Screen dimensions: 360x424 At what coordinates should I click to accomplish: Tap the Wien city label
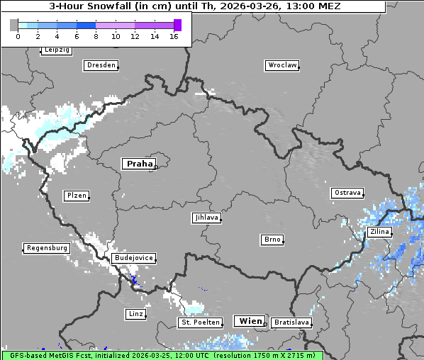point(250,321)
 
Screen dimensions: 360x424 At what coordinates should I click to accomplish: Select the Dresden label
point(101,65)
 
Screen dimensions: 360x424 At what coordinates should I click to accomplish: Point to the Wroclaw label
point(282,65)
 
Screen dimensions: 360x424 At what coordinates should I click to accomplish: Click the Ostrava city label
point(347,193)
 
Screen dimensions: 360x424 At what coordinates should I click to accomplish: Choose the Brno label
point(272,240)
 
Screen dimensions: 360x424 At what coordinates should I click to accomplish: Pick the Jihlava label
point(206,218)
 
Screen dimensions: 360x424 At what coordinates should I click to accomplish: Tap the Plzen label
point(76,196)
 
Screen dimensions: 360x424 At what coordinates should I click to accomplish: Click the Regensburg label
point(47,248)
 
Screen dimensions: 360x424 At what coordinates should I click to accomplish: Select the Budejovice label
point(133,258)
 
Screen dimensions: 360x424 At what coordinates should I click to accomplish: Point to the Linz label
point(135,313)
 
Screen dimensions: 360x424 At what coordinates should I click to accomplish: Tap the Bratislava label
point(291,322)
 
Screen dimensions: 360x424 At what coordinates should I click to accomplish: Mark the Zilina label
point(379,232)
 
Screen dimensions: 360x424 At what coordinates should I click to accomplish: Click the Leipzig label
point(56,50)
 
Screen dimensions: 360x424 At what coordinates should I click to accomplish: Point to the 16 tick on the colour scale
point(174,36)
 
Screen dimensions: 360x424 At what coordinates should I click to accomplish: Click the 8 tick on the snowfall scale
point(96,36)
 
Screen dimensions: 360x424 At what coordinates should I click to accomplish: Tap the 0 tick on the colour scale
point(17,36)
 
